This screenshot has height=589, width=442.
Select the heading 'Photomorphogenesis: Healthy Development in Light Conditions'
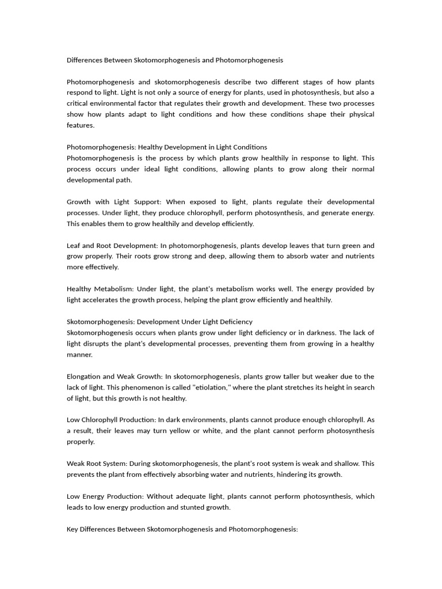click(x=167, y=147)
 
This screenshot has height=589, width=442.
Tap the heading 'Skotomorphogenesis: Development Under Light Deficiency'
click(x=159, y=322)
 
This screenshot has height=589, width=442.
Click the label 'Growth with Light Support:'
click(x=115, y=202)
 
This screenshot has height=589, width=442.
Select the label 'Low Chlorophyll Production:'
click(x=113, y=420)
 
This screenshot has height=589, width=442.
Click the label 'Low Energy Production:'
click(x=105, y=496)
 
